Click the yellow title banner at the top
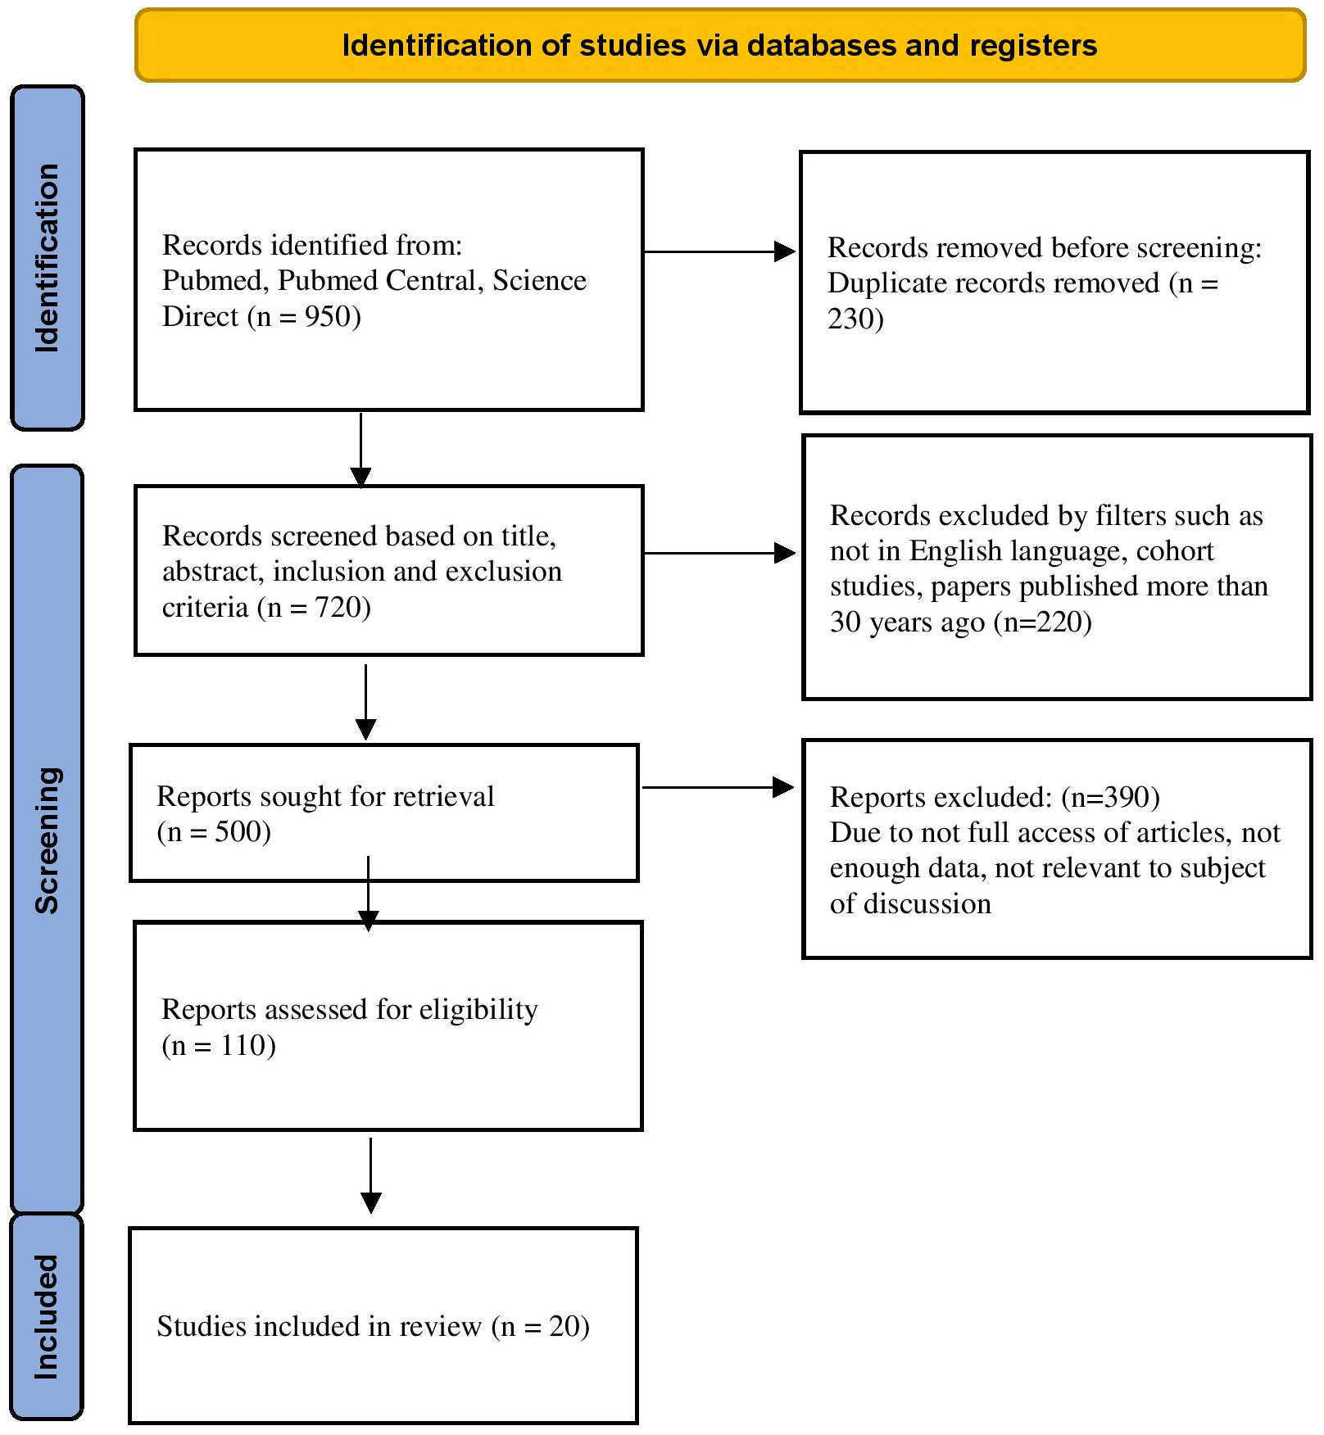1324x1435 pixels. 719,45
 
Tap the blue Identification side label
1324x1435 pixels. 47,257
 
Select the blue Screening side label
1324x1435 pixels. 47,839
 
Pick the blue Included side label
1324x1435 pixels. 47,1317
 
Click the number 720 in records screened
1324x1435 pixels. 338,607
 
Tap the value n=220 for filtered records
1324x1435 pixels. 1042,622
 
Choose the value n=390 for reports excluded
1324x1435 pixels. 1110,797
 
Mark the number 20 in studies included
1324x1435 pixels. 565,1326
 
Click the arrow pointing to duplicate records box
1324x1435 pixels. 719,251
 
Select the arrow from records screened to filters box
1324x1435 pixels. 719,554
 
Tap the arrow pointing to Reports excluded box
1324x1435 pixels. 718,788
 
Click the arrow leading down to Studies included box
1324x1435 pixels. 371,1175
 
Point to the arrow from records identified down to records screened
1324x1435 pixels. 360,450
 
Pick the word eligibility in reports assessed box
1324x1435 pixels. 478,1010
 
